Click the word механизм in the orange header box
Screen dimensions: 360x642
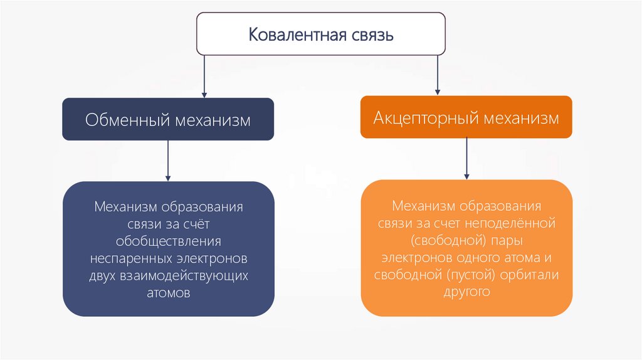[524, 118]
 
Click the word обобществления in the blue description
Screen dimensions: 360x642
[168, 241]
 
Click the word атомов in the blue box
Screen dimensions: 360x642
[168, 293]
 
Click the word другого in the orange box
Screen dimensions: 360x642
[466, 292]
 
